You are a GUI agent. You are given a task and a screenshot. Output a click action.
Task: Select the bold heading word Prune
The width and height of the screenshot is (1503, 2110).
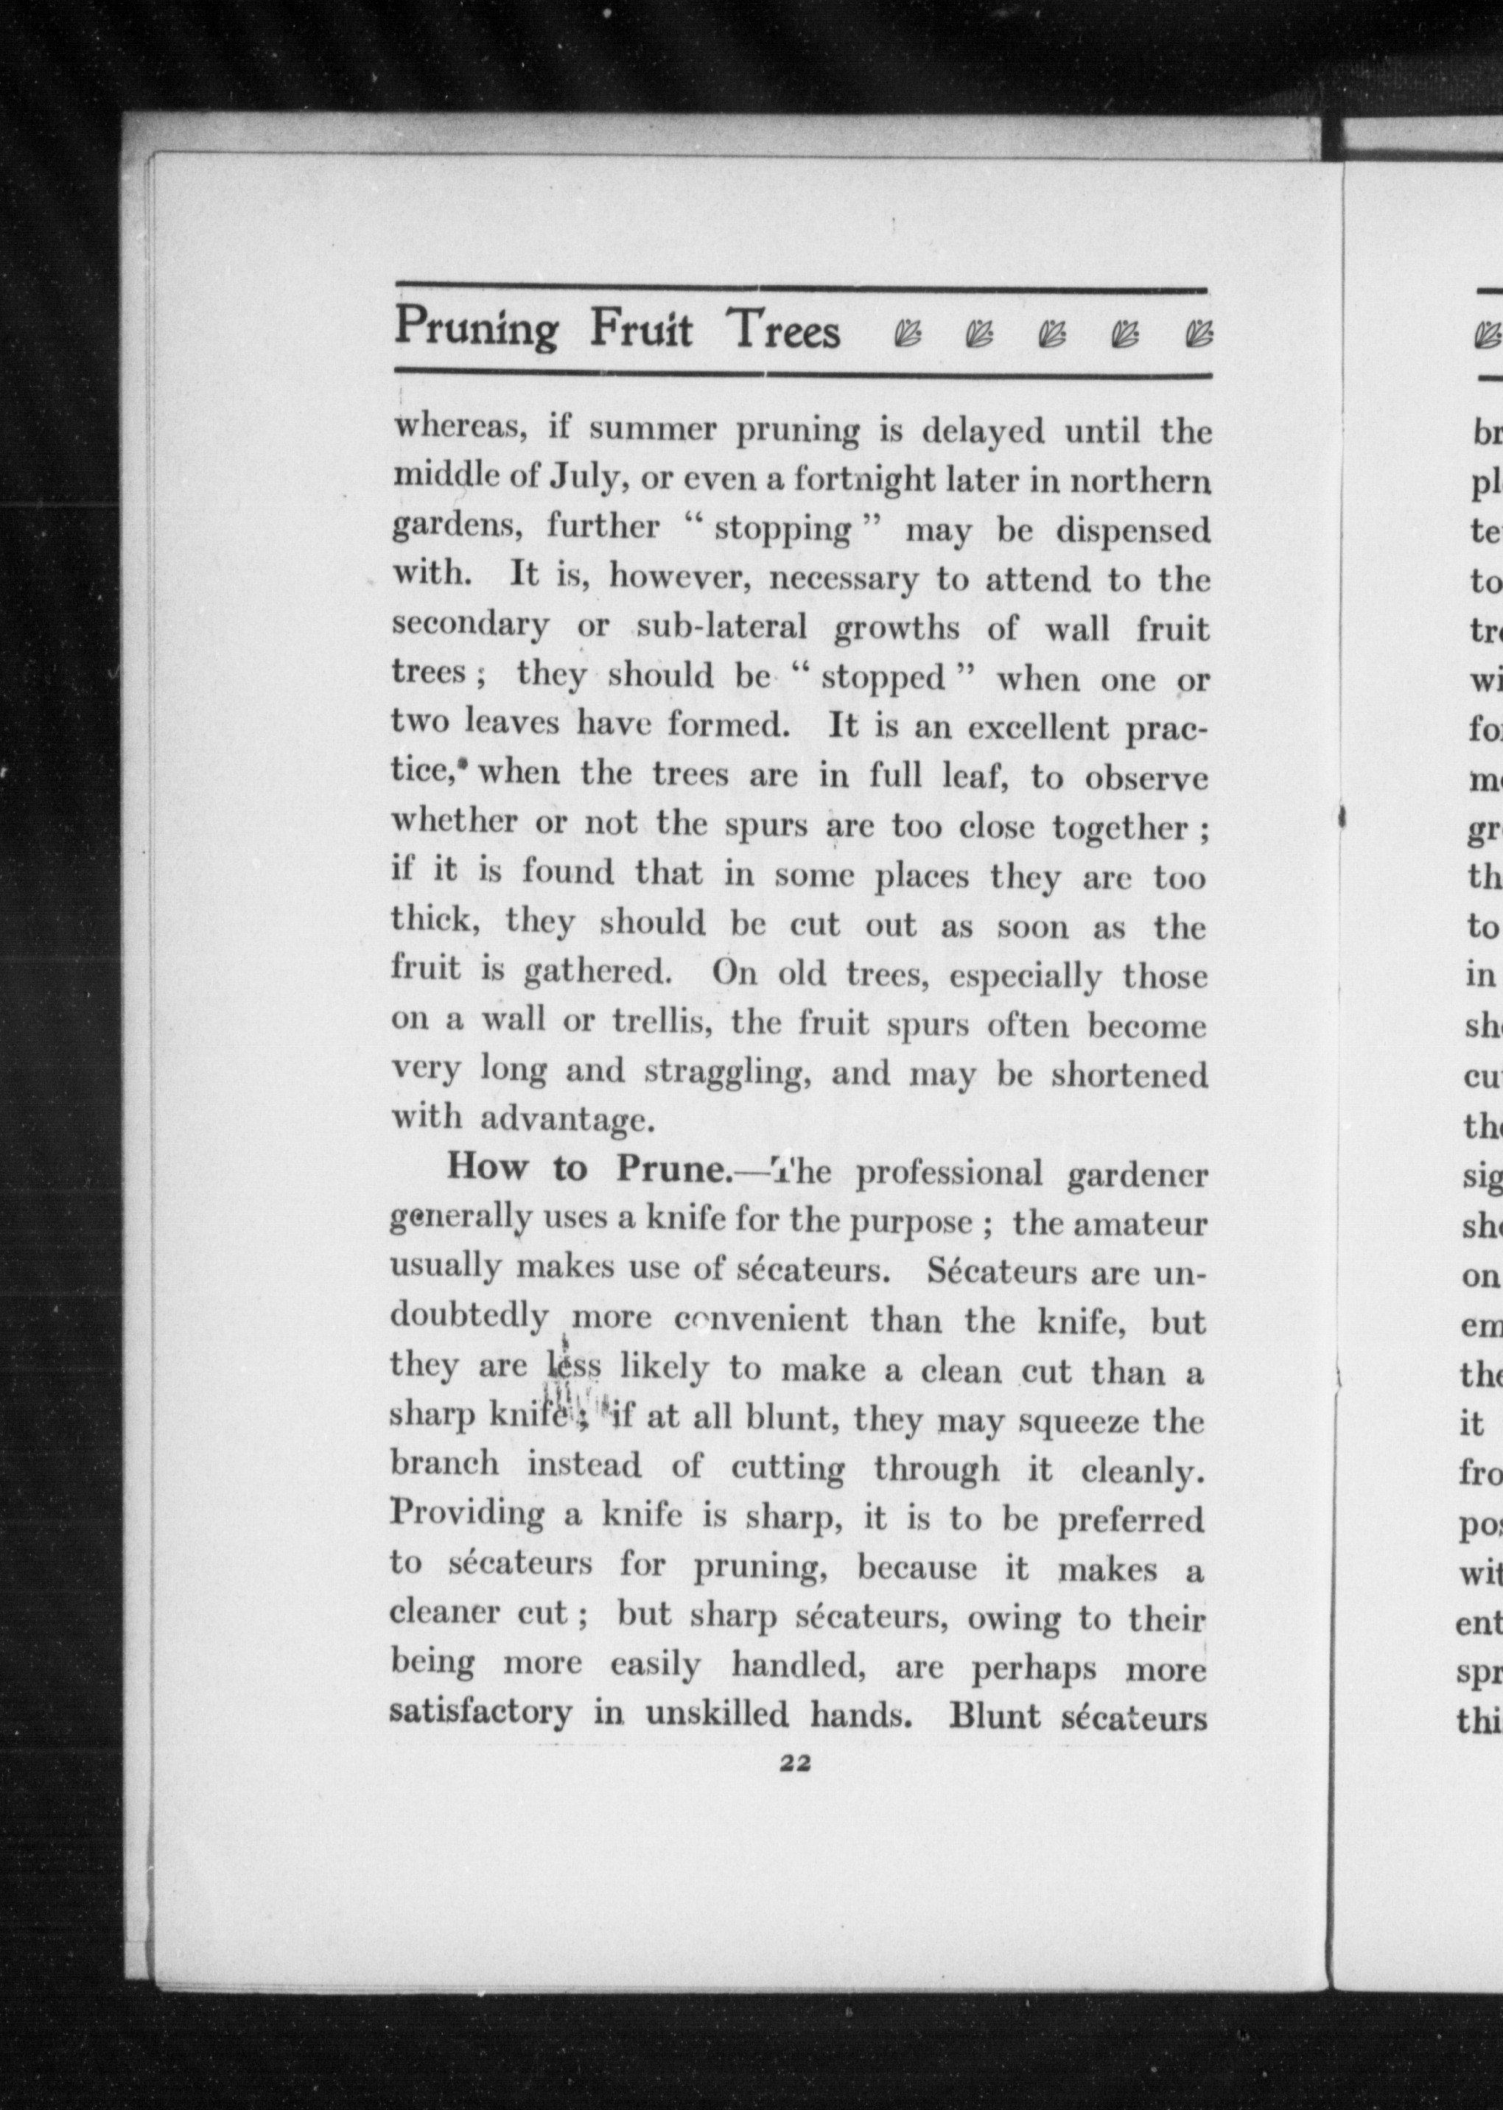(673, 1169)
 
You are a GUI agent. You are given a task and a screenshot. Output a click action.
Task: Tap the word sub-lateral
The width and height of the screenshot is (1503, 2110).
(722, 628)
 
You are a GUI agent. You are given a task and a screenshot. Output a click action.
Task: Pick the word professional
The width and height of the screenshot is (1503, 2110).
(949, 1174)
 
